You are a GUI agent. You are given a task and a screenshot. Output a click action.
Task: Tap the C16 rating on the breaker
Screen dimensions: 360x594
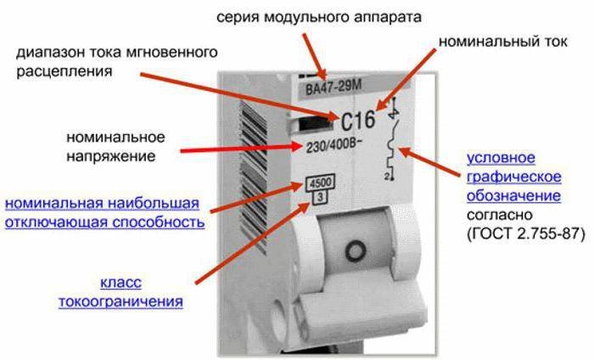(358, 121)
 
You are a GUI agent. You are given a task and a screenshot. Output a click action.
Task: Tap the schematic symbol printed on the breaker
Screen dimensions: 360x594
(393, 140)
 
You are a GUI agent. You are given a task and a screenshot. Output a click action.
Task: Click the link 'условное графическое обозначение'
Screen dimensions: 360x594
(513, 177)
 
